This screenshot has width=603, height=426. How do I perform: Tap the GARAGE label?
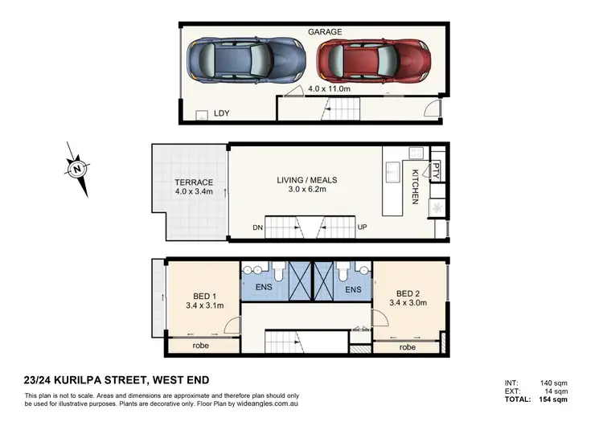pyautogui.click(x=325, y=31)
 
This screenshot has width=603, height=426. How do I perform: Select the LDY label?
pyautogui.click(x=222, y=113)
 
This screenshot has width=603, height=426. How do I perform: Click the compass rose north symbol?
pyautogui.click(x=77, y=169)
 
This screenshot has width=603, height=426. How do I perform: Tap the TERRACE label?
pyautogui.click(x=194, y=182)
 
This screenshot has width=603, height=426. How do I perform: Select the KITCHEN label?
pyautogui.click(x=416, y=186)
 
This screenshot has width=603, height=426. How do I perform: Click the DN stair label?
pyautogui.click(x=257, y=228)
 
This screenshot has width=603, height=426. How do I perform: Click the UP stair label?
pyautogui.click(x=362, y=228)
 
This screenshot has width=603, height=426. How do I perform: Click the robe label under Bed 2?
pyautogui.click(x=408, y=348)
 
